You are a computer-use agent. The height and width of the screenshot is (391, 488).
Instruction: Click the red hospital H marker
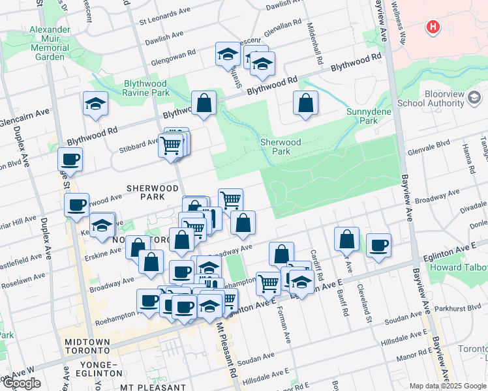click(432, 27)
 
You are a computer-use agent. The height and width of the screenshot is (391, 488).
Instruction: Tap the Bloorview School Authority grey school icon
click(474, 98)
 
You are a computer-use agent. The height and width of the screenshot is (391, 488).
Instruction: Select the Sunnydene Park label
click(362, 116)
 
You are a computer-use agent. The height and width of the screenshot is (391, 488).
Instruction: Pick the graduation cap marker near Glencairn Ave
click(95, 104)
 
